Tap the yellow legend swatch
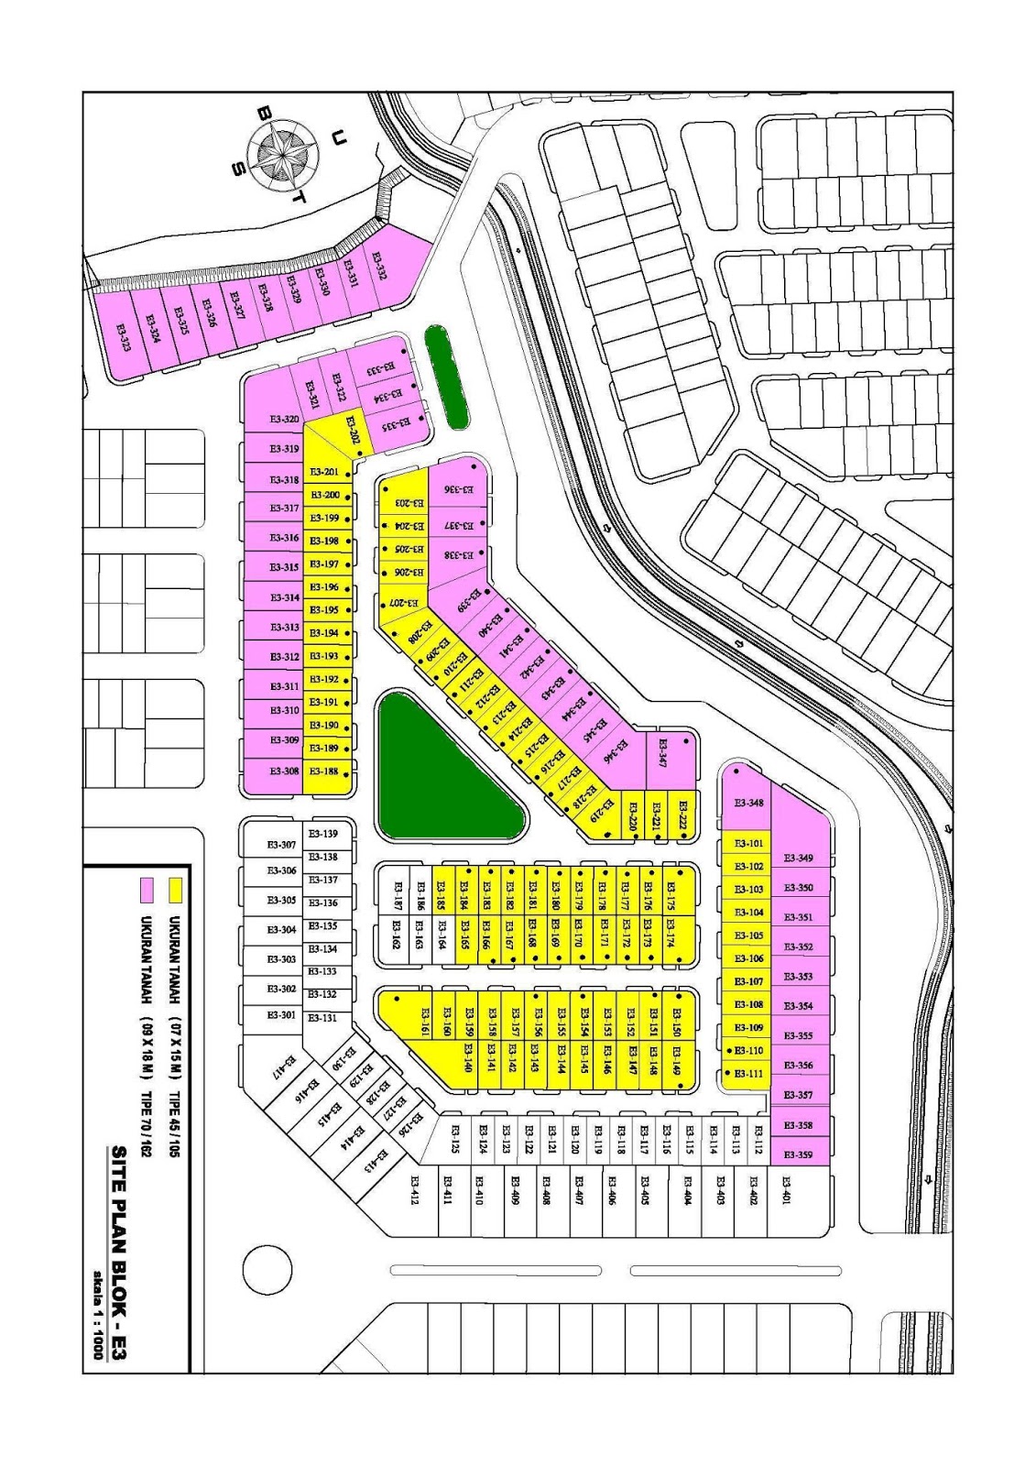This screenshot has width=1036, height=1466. tap(176, 889)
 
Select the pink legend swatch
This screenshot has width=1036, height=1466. tap(145, 889)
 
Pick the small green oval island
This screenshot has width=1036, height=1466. tap(446, 377)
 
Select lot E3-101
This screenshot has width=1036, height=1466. tap(749, 843)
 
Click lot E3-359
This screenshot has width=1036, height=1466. tap(800, 1154)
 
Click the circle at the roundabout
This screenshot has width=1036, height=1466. tap(267, 1269)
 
